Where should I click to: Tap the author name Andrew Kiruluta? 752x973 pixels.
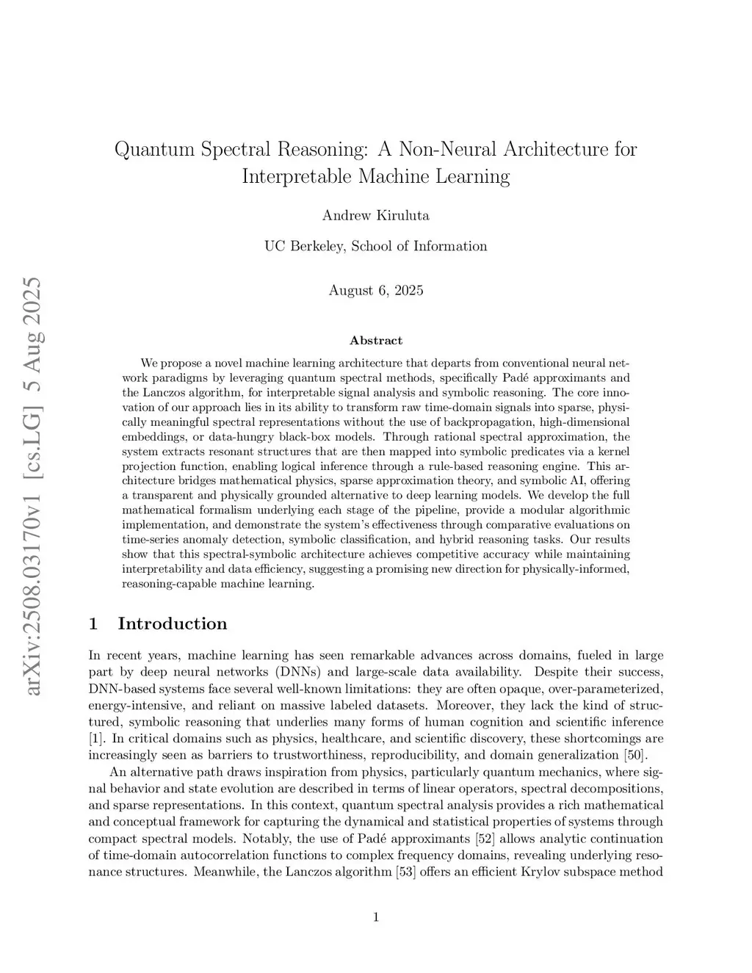pos(375,215)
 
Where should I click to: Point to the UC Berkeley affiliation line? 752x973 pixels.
pos(375,246)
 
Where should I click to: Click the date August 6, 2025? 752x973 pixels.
pos(375,290)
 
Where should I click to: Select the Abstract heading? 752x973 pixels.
pos(375,341)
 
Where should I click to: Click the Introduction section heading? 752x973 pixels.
pos(172,623)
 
